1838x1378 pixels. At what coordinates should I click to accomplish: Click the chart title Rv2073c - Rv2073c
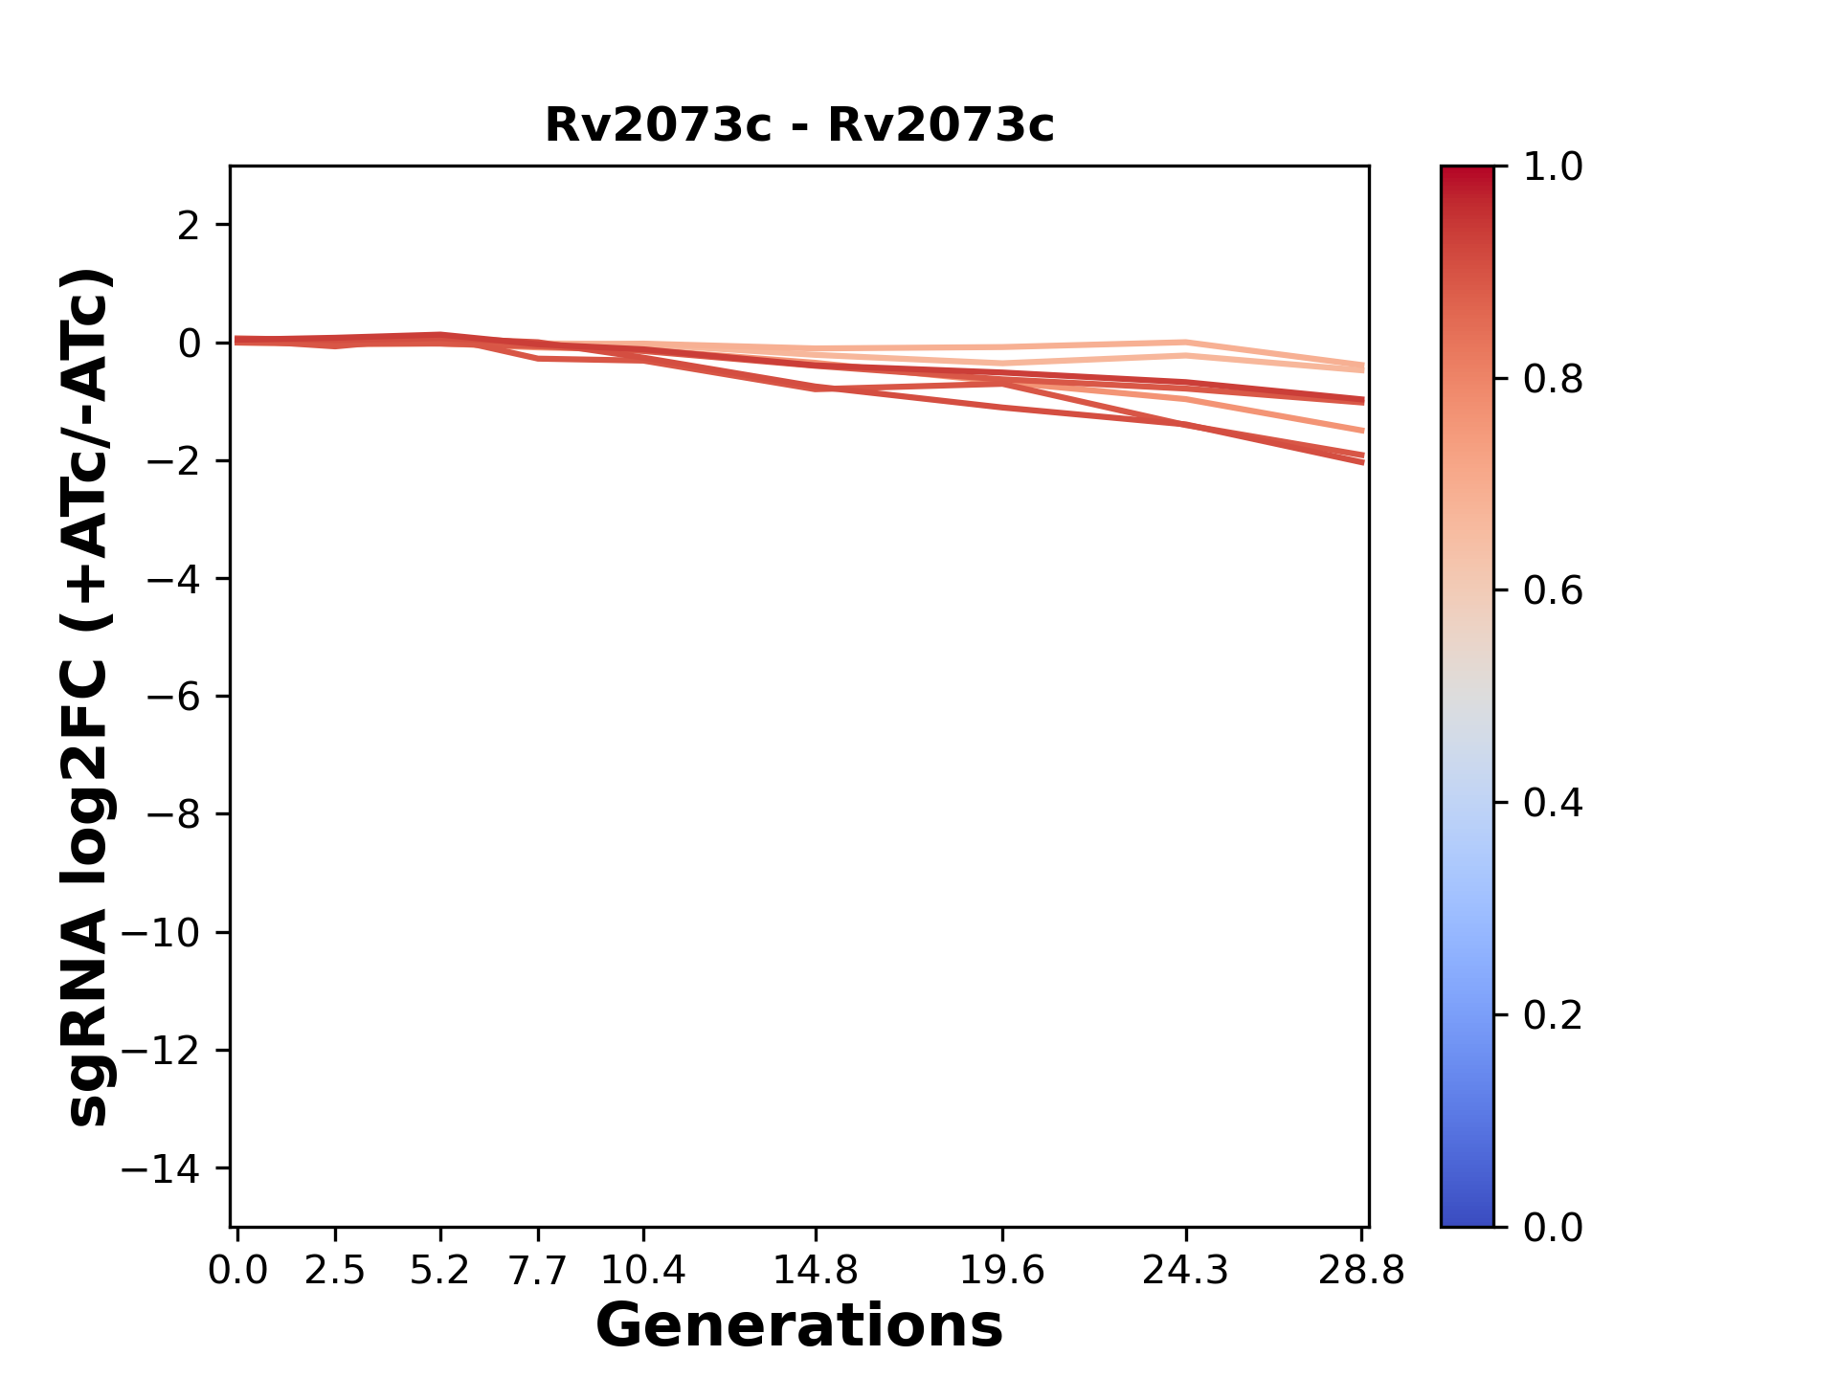pos(799,125)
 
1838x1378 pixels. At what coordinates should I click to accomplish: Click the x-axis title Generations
pos(799,1326)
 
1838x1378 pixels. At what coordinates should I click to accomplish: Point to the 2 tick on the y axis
pos(189,226)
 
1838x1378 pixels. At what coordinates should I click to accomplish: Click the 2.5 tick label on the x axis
pos(335,1271)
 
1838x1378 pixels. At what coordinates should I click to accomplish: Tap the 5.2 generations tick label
pos(439,1271)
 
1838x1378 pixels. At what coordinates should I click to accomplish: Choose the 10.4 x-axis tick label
pos(643,1271)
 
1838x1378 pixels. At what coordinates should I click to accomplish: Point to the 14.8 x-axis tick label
pos(815,1271)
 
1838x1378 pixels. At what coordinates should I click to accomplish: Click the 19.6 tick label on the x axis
pos(1001,1271)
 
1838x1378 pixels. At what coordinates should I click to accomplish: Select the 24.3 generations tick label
pos(1185,1271)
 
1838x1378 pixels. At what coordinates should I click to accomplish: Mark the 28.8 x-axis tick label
pos(1361,1271)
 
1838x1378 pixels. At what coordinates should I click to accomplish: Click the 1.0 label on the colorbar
pos(1553,167)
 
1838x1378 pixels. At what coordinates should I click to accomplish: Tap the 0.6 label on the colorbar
pos(1553,591)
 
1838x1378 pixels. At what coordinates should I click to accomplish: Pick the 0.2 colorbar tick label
pos(1553,1015)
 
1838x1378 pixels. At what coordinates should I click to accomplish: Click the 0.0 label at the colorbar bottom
pos(1553,1228)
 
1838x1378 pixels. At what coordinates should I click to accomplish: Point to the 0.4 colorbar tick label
pos(1553,803)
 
